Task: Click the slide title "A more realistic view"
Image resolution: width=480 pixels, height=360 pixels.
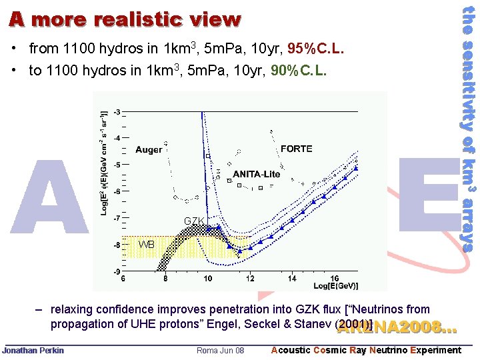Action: tap(125, 19)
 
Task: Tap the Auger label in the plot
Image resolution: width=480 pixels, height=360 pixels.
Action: tap(148, 150)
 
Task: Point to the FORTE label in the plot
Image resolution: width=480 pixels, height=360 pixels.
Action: tap(296, 149)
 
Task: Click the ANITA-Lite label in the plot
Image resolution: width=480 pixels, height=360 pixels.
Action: tap(257, 174)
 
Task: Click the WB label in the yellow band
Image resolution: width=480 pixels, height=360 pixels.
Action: tap(146, 245)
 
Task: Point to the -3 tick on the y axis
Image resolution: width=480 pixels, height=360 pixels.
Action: tap(117, 111)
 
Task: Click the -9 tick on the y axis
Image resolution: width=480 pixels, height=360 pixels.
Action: tap(117, 272)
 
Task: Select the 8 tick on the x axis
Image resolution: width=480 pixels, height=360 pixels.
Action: tap(166, 279)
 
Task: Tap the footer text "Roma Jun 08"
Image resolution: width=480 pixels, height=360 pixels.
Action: tap(221, 351)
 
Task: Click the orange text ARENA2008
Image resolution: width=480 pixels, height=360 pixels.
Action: tap(397, 327)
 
